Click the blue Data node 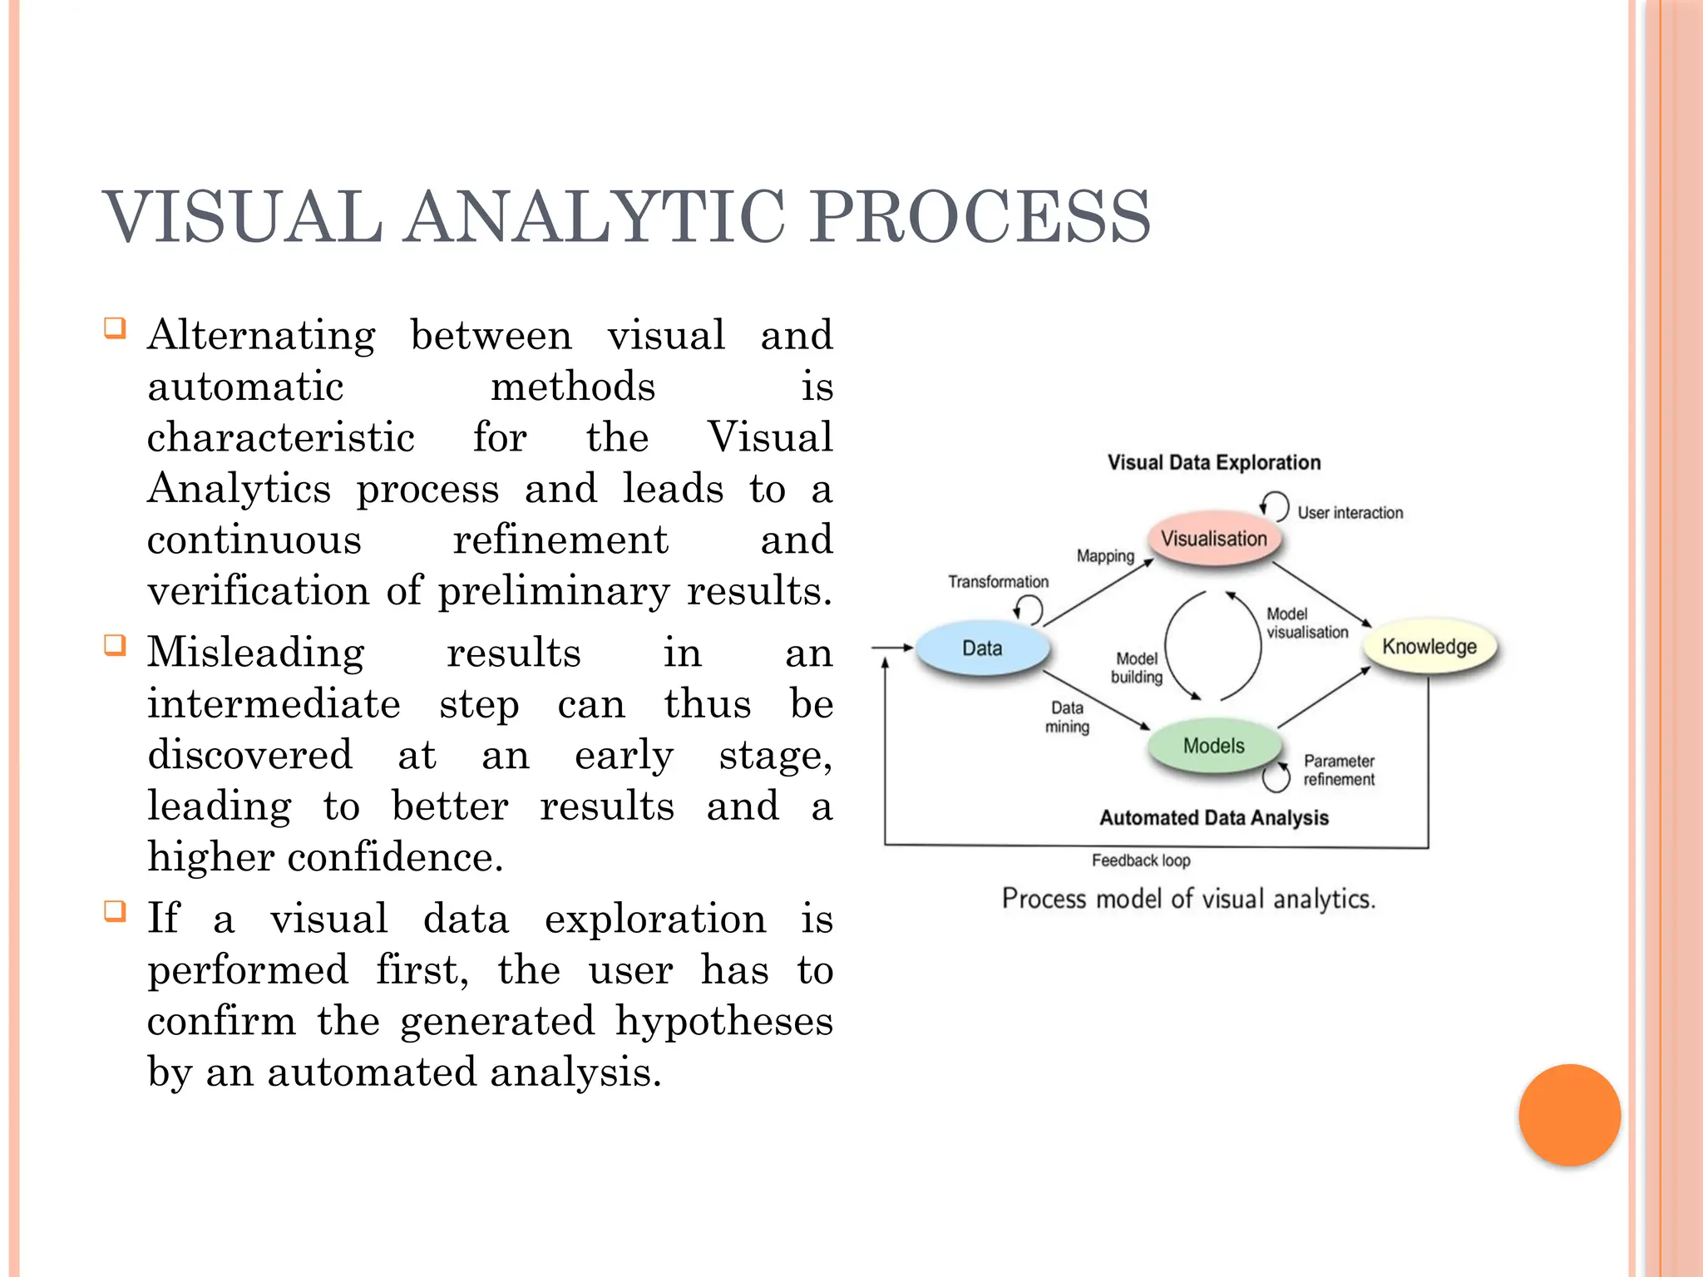point(982,648)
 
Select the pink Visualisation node point(1213,539)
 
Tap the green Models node point(1213,746)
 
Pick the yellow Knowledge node point(1429,647)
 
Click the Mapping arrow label point(1105,555)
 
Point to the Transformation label point(998,582)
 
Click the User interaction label point(1350,513)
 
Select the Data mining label point(1067,717)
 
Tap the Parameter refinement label point(1339,770)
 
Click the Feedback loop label point(1141,860)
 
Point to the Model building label point(1137,668)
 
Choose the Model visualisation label point(1306,623)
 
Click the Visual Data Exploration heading point(1213,462)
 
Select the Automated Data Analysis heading point(1213,818)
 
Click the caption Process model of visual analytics point(1188,899)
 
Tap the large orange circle point(1569,1115)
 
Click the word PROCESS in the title point(980,217)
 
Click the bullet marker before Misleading point(115,645)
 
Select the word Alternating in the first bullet point(261,336)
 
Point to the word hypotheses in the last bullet point(723,1022)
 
